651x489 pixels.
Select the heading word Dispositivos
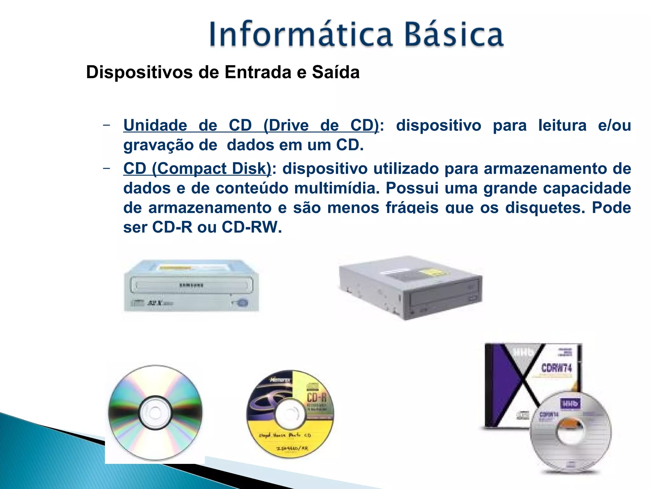tap(139, 72)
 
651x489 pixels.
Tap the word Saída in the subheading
tap(336, 72)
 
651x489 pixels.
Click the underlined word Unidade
tap(155, 125)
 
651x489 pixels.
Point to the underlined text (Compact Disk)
tap(212, 169)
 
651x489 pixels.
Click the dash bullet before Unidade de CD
tap(106, 125)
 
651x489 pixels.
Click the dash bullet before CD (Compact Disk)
tap(106, 168)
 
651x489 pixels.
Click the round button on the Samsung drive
tap(243, 302)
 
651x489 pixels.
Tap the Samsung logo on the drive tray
tap(191, 285)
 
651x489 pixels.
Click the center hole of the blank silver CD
tap(155, 413)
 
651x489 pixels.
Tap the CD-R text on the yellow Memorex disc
tap(317, 397)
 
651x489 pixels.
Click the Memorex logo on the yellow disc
tap(280, 380)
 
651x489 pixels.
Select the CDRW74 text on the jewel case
tap(557, 368)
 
